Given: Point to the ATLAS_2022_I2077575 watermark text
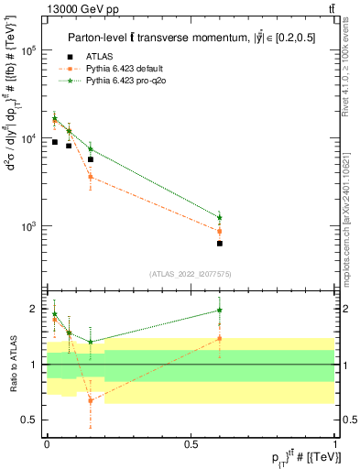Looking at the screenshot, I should [191, 273].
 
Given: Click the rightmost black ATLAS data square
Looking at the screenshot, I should [220, 244].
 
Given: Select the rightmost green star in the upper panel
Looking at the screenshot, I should [220, 217].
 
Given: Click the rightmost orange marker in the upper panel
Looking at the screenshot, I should [220, 231].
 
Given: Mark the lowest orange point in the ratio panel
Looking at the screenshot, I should [90, 400].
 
